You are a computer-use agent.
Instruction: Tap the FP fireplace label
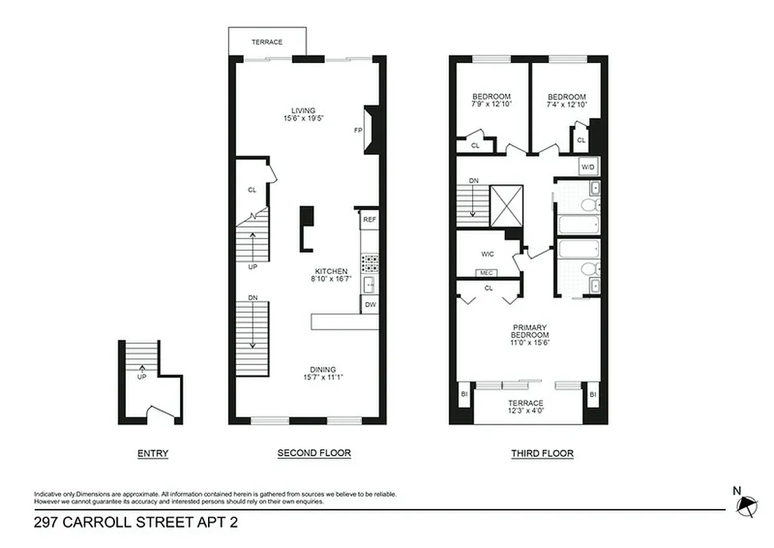tap(357, 130)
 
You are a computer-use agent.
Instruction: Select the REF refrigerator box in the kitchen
tap(370, 219)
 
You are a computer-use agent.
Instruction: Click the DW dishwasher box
tap(370, 304)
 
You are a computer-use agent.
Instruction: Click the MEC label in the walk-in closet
tap(487, 273)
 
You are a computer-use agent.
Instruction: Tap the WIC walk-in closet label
tap(487, 254)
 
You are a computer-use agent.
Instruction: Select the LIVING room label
tap(303, 110)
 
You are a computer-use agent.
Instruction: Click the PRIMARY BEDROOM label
tap(530, 331)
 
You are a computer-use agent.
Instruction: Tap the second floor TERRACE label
tap(266, 42)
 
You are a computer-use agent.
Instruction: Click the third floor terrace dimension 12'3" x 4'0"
tap(526, 411)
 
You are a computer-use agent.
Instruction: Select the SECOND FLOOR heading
tap(314, 453)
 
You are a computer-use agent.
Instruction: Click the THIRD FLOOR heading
tap(542, 453)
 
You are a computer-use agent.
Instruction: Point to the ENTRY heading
tap(153, 453)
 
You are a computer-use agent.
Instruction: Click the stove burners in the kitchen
tap(370, 264)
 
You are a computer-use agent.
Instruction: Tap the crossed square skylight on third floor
tap(506, 206)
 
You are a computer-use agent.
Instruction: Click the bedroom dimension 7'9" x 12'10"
tap(491, 105)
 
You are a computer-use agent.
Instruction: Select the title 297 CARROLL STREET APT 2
tap(136, 523)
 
